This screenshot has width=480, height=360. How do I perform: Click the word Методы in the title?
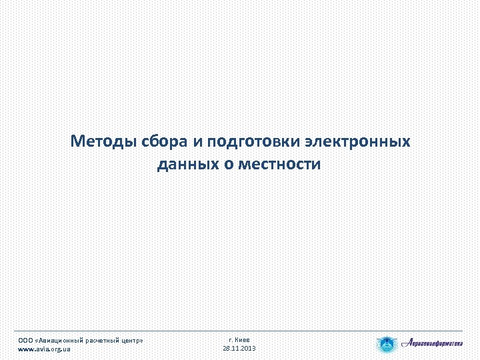tap(103, 142)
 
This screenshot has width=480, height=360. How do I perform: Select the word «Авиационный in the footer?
tap(62, 340)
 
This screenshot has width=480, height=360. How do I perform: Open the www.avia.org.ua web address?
tap(44, 349)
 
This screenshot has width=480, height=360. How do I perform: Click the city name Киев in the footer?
tap(243, 339)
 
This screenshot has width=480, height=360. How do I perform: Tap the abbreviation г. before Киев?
tap(231, 339)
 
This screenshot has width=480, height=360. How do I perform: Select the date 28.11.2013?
tap(239, 349)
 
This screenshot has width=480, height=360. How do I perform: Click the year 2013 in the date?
tap(247, 349)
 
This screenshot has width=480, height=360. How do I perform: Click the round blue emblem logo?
tap(386, 345)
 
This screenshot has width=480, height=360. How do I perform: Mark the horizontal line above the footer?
tap(240, 331)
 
